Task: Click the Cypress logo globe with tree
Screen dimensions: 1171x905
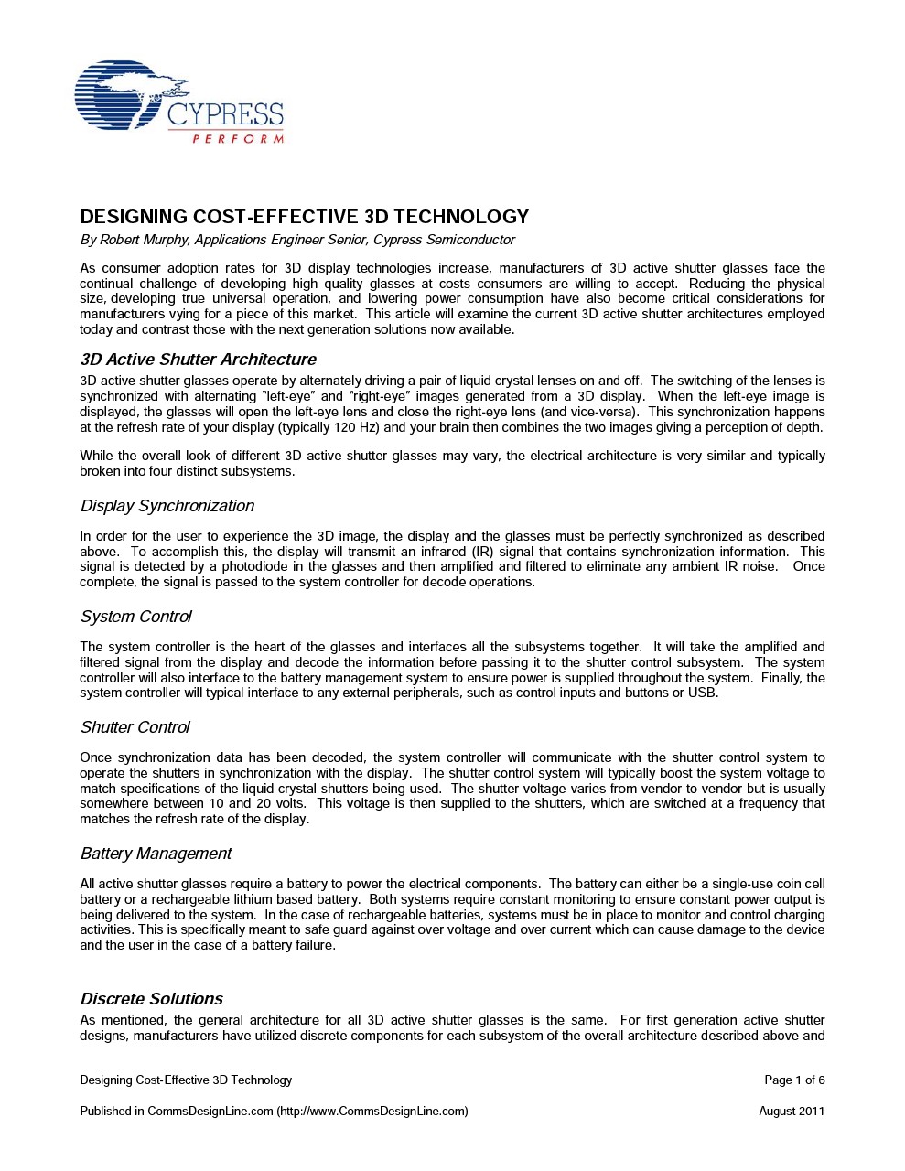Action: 120,95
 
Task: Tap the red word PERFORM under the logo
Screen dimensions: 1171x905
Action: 237,139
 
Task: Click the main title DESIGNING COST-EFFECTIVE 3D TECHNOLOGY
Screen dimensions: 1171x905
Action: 305,217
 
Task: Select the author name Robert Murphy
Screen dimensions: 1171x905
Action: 143,241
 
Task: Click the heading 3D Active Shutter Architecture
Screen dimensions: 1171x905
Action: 199,360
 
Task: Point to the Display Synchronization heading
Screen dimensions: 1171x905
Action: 167,506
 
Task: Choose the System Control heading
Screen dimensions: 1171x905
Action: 136,617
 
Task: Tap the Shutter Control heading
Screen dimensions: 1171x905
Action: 135,727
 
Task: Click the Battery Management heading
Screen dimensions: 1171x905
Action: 156,854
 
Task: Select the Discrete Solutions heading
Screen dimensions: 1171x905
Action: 152,999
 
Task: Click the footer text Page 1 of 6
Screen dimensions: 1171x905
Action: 794,1080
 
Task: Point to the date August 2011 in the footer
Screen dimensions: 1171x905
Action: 792,1112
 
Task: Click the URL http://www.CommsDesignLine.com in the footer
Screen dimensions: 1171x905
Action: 372,1112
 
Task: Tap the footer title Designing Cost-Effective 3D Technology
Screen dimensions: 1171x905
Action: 186,1080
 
